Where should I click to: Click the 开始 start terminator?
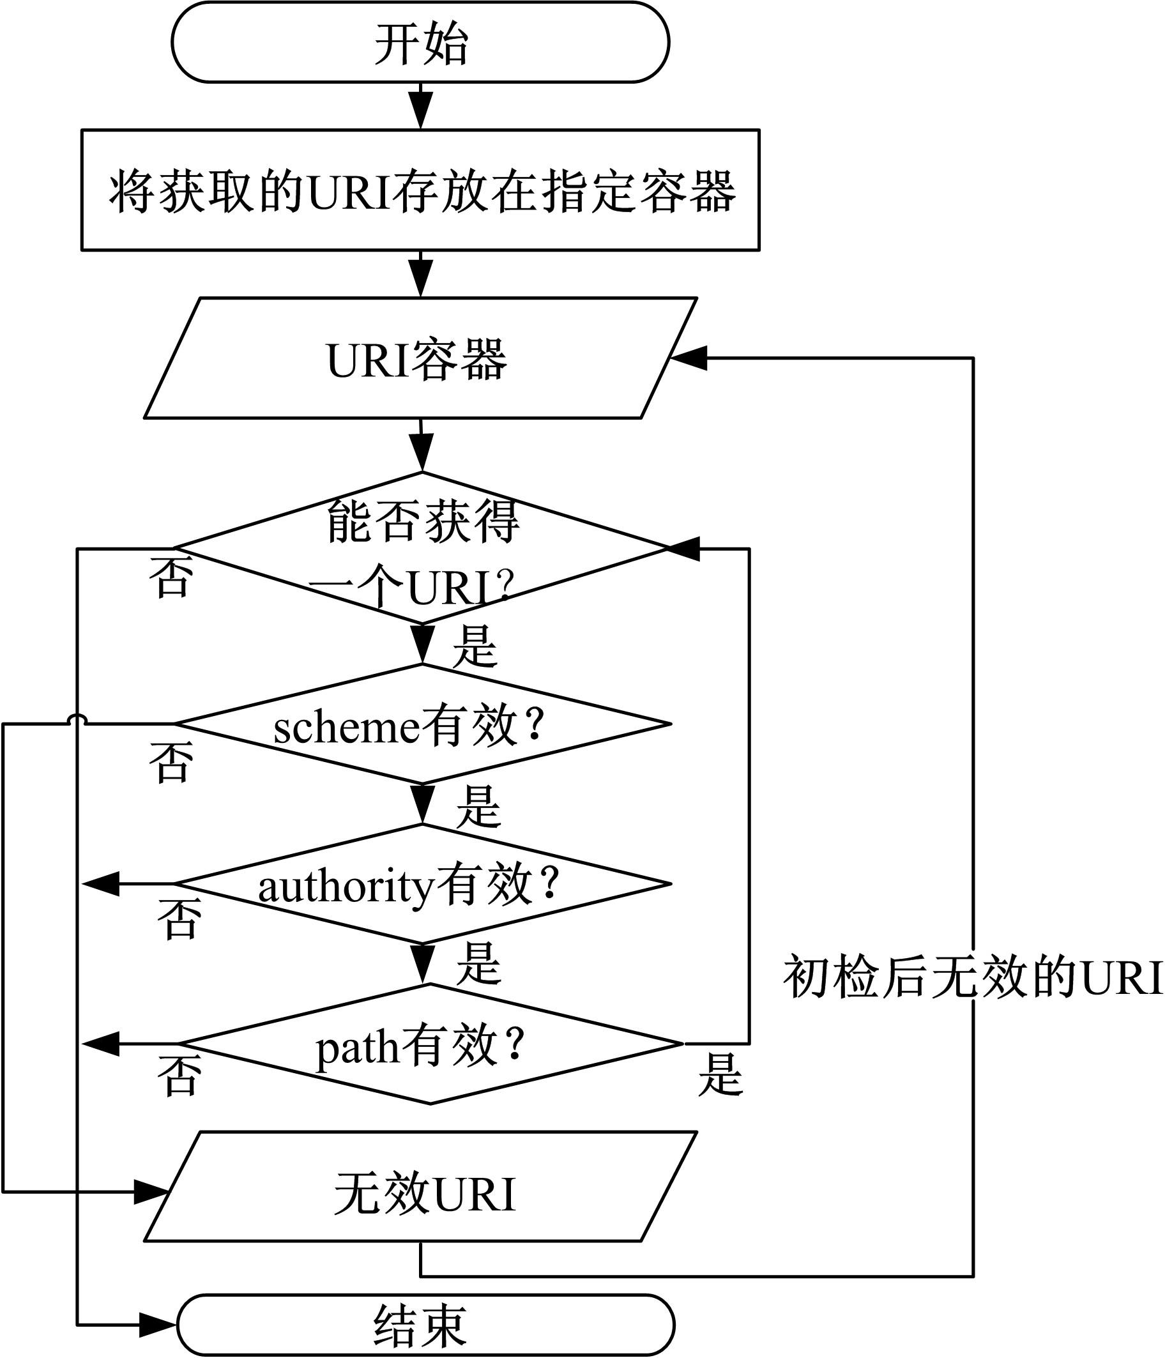pyautogui.click(x=420, y=43)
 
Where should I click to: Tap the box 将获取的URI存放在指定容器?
pyautogui.click(x=420, y=190)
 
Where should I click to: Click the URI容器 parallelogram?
pyautogui.click(x=420, y=358)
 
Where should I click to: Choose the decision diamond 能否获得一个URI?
pyautogui.click(x=422, y=547)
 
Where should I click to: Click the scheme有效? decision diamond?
pyautogui.click(x=422, y=724)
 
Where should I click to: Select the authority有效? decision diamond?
pyautogui.click(x=422, y=883)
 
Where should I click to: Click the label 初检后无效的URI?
pyautogui.click(x=973, y=978)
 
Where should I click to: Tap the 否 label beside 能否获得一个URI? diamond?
pyautogui.click(x=171, y=577)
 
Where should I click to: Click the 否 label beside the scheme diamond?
pyautogui.click(x=171, y=761)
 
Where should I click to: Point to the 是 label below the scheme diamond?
pyautogui.click(x=478, y=807)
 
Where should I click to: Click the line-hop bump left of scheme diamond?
pyautogui.click(x=77, y=721)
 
